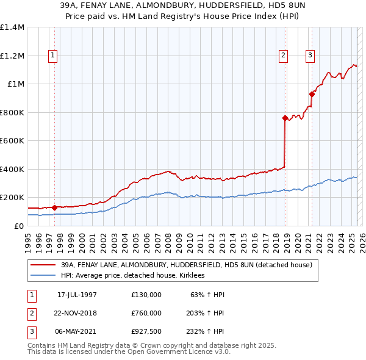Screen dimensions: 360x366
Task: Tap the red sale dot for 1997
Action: click(x=55, y=207)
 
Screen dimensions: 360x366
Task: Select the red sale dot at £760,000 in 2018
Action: click(x=285, y=118)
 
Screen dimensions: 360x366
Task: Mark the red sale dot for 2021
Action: click(x=312, y=94)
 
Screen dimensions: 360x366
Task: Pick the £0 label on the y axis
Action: click(x=18, y=226)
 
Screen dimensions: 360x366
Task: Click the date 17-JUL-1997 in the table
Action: click(x=77, y=295)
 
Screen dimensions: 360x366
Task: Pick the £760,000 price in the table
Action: click(x=146, y=313)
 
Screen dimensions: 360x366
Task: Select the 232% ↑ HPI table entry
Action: click(x=206, y=331)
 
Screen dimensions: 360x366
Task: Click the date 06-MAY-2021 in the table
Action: click(x=77, y=331)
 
